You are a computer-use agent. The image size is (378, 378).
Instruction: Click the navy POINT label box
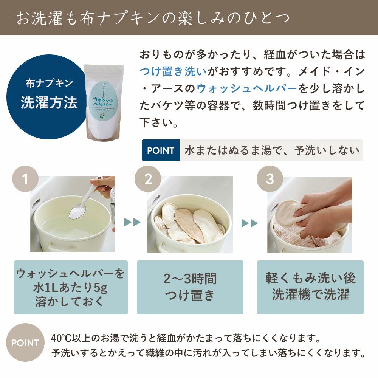(x=161, y=150)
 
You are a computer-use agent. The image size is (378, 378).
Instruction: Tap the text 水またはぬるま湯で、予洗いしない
(x=271, y=150)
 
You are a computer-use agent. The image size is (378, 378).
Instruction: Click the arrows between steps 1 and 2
(x=132, y=222)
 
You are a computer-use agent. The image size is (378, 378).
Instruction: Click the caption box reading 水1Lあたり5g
(x=71, y=287)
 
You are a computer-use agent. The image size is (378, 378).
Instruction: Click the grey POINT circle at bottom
(x=25, y=343)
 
